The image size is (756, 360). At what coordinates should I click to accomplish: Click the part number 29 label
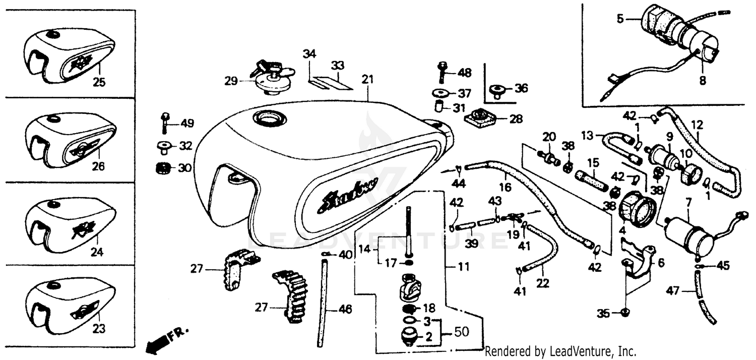pyautogui.click(x=231, y=81)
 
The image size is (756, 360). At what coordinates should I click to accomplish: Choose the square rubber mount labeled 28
pyautogui.click(x=480, y=119)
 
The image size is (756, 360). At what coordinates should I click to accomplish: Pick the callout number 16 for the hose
pyautogui.click(x=506, y=187)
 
